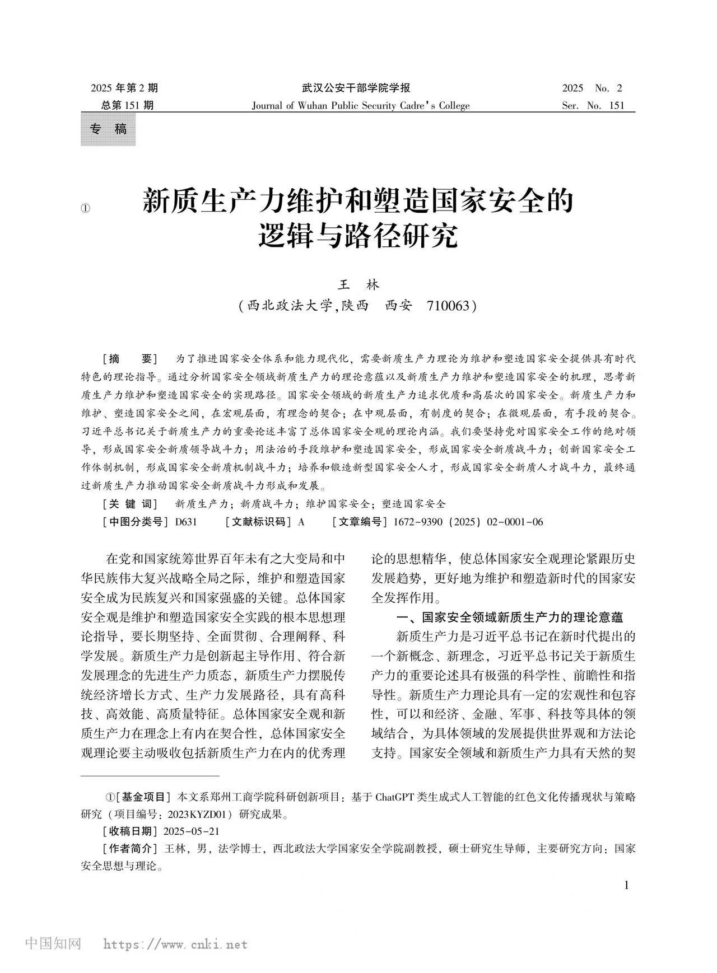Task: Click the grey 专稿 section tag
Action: pyautogui.click(x=108, y=129)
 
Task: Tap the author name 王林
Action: pyautogui.click(x=358, y=285)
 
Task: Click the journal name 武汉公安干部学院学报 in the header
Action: pyautogui.click(x=356, y=88)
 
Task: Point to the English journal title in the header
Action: pyautogui.click(x=361, y=106)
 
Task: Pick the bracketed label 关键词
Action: pyautogui.click(x=131, y=504)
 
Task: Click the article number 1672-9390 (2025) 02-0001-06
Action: pyautogui.click(x=468, y=522)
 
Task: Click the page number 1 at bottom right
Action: pyautogui.click(x=626, y=885)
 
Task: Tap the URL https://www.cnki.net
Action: pyautogui.click(x=175, y=945)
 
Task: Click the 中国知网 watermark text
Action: pyautogui.click(x=54, y=944)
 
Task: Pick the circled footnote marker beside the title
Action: pyautogui.click(x=85, y=208)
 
